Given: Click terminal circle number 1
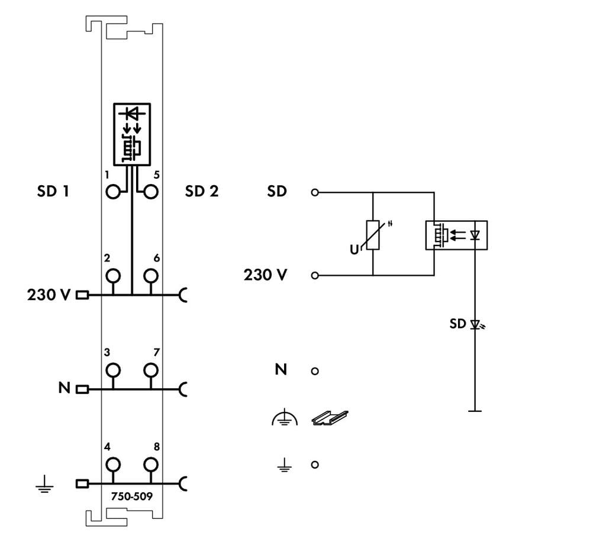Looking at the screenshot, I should (112, 192).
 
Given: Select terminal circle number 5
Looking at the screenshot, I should (151, 192).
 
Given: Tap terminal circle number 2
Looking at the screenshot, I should (112, 276).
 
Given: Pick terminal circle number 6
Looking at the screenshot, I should (151, 276).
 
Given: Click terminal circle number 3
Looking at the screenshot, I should (112, 370).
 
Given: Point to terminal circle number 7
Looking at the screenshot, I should (151, 370).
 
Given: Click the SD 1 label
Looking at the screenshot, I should (53, 192).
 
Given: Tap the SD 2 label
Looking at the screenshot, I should (201, 192).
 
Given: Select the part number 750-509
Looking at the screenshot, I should (132, 496).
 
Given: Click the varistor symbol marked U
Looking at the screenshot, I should (373, 235).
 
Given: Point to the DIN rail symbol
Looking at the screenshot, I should (330, 418).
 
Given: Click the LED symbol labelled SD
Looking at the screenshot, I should (475, 324).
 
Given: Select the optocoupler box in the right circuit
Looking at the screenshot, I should (456, 235).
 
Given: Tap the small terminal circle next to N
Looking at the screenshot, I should (315, 371).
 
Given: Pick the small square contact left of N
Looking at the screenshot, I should (82, 389).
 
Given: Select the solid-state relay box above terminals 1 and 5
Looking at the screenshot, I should (132, 133).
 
